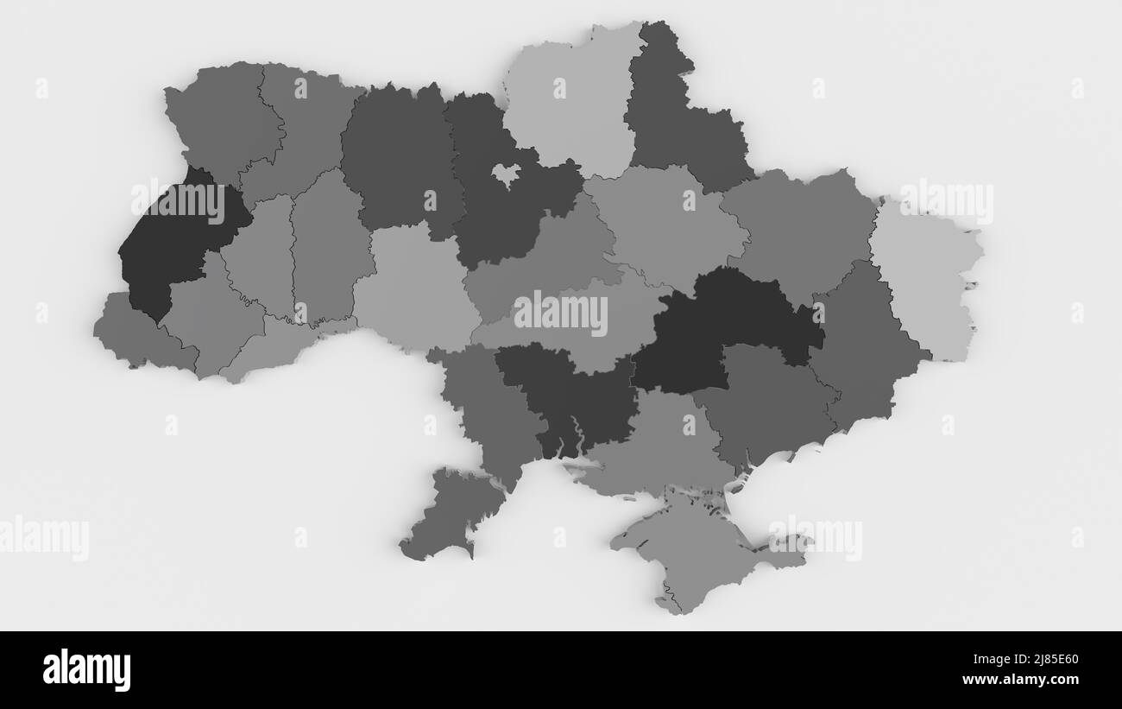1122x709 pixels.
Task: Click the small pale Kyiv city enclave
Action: (505, 175)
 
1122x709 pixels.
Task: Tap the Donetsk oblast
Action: (863, 345)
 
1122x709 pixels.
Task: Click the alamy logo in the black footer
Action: (87, 670)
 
